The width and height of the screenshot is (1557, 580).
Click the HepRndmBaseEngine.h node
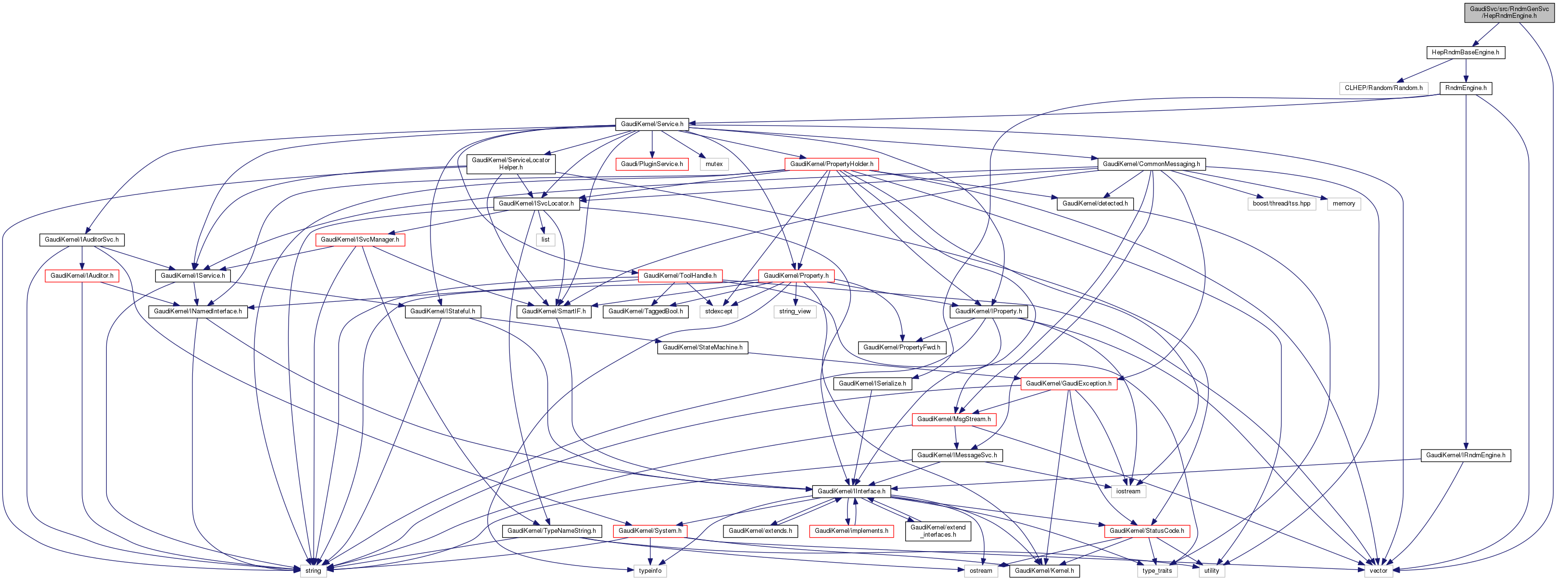click(1465, 52)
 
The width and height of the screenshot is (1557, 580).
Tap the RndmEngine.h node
click(1466, 88)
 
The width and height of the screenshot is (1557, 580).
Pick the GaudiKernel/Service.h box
click(652, 124)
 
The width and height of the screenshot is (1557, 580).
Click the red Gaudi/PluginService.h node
click(652, 164)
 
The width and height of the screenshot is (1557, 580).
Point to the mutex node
click(714, 164)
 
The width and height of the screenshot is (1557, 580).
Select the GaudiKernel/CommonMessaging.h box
click(1152, 164)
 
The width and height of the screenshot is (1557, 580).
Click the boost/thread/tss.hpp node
click(1281, 204)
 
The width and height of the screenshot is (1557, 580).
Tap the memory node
click(1343, 204)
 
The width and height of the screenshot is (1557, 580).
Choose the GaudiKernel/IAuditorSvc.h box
click(82, 240)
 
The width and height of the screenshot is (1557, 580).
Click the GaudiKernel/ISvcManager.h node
click(360, 240)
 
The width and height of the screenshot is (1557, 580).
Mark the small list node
click(545, 240)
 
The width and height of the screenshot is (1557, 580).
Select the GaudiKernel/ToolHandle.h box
click(680, 276)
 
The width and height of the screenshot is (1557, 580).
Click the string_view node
click(795, 311)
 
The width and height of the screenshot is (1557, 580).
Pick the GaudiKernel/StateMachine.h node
click(702, 348)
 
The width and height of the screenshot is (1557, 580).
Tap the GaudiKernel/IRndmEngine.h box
click(1466, 455)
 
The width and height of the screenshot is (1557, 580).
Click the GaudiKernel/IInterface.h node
click(851, 492)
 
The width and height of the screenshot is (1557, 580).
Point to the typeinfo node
click(650, 570)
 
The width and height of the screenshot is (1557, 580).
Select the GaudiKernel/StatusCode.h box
click(1147, 531)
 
